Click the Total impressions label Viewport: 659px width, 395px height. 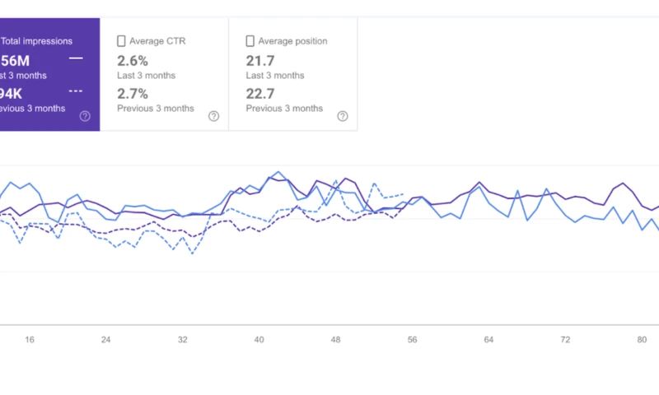(x=37, y=40)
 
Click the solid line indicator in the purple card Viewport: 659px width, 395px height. (x=76, y=58)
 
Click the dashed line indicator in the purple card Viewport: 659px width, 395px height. (x=76, y=91)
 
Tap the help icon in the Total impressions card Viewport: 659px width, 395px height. (x=85, y=116)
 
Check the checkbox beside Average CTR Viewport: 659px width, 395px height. (x=121, y=41)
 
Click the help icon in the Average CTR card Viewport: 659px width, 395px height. (x=213, y=116)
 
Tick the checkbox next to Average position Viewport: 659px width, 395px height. (x=250, y=41)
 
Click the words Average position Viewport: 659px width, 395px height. (x=292, y=41)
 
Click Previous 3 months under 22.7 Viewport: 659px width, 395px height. (x=284, y=108)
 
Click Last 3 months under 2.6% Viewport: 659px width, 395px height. (x=146, y=75)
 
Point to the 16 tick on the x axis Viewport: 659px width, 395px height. (x=30, y=339)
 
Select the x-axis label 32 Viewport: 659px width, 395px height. (x=183, y=339)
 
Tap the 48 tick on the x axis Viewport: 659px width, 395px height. (x=335, y=339)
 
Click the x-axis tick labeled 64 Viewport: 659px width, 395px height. (x=488, y=339)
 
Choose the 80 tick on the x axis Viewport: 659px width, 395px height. (x=641, y=339)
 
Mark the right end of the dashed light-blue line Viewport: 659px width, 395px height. (x=403, y=194)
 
